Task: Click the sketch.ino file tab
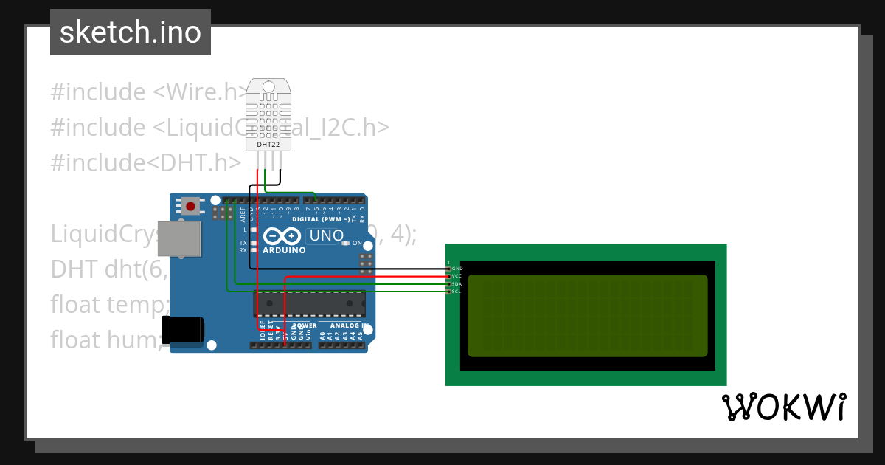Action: coord(131,32)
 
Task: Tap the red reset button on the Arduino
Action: coord(191,206)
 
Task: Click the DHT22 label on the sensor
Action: coord(267,145)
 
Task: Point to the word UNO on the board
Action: coord(326,236)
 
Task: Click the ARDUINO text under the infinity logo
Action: coord(284,250)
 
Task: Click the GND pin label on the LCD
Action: coord(457,268)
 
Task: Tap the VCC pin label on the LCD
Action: coord(457,275)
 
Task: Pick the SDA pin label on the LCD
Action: coord(457,283)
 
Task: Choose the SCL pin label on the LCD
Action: coord(457,292)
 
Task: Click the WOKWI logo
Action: coord(783,407)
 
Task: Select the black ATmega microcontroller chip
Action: coord(309,303)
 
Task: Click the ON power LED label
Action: coord(357,243)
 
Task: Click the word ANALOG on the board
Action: coord(341,325)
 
